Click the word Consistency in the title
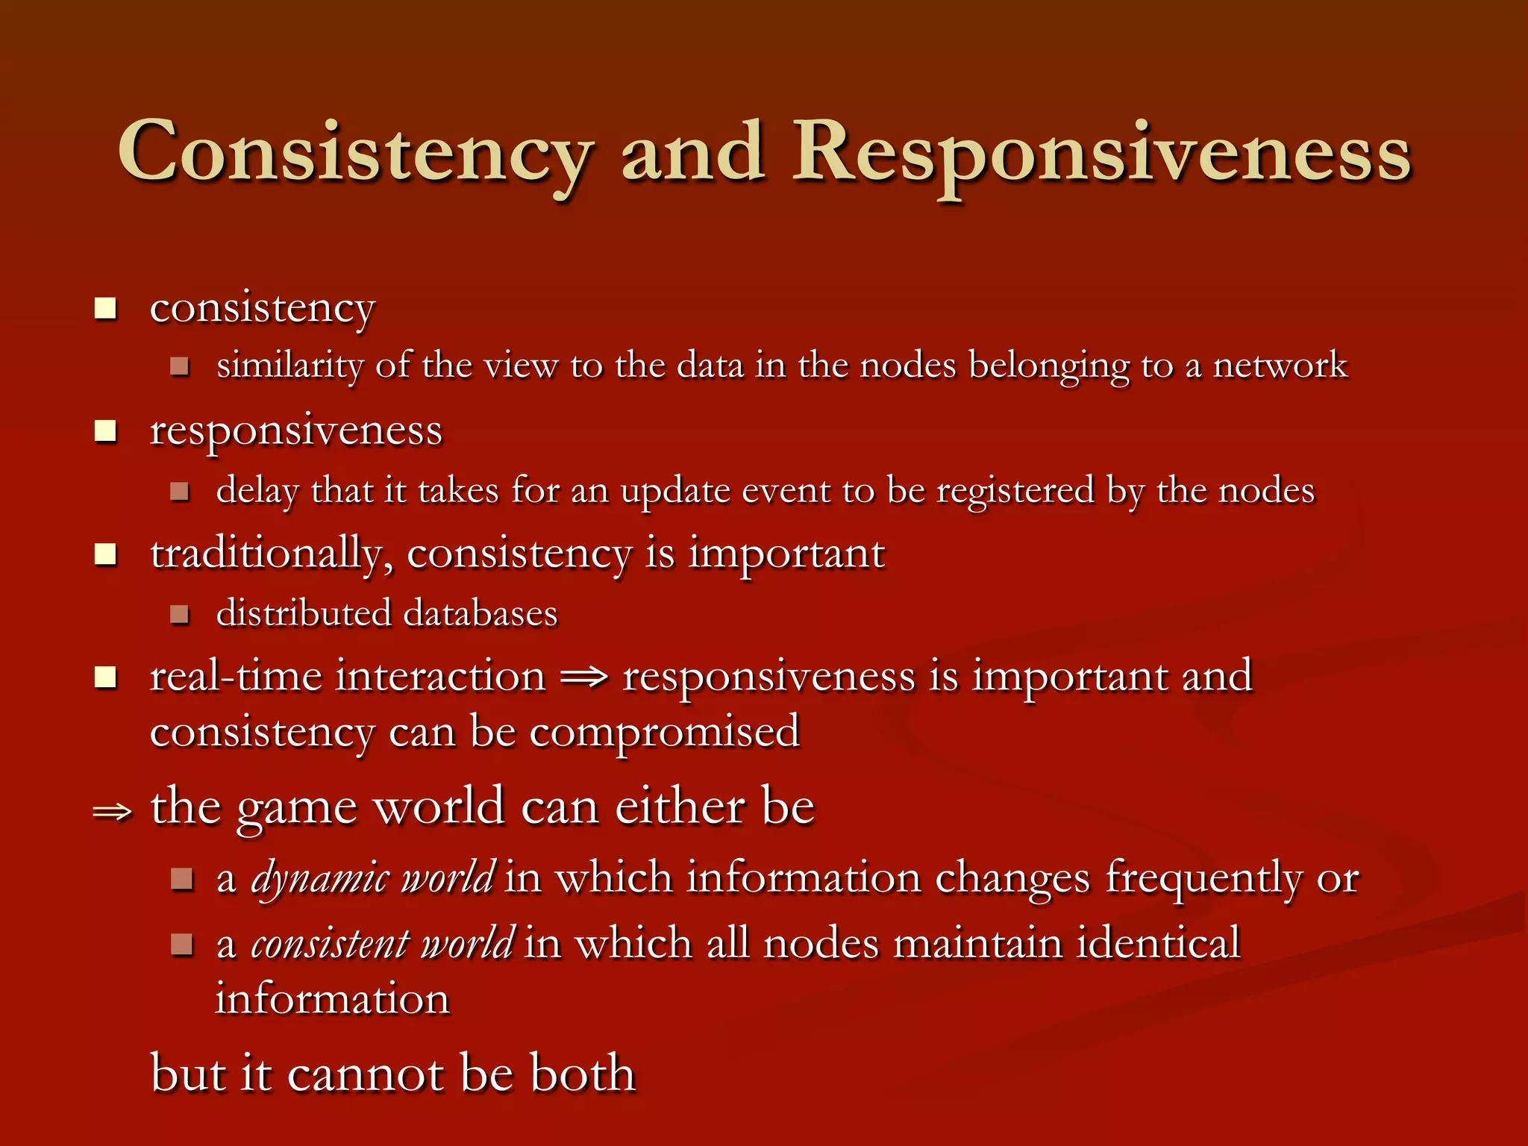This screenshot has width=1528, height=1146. click(x=355, y=152)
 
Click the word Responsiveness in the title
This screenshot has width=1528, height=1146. click(x=1101, y=152)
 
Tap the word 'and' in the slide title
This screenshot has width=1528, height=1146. click(x=693, y=152)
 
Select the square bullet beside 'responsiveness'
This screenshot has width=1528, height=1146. click(x=106, y=431)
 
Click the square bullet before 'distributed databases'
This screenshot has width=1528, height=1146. click(x=179, y=615)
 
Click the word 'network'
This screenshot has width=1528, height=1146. click(x=1280, y=366)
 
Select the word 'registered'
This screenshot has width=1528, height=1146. click(x=1015, y=491)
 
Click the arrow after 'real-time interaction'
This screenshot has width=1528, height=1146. click(x=584, y=677)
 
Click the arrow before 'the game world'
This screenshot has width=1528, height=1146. click(x=112, y=811)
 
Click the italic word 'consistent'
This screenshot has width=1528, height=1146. click(x=330, y=944)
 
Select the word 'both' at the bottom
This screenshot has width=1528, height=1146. click(x=582, y=1074)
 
